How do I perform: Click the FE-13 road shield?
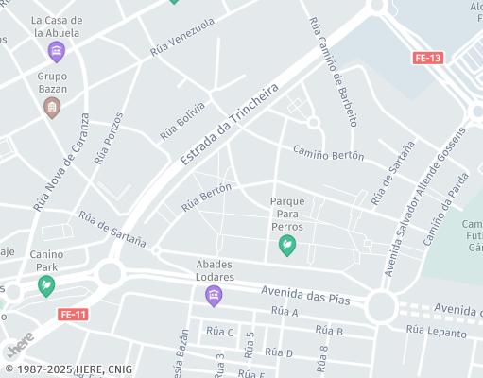pyautogui.click(x=428, y=58)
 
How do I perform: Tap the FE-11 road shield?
pyautogui.click(x=73, y=315)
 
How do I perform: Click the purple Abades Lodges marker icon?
pyautogui.click(x=214, y=296)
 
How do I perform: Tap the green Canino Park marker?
pyautogui.click(x=45, y=284)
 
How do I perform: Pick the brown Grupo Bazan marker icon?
pyautogui.click(x=52, y=107)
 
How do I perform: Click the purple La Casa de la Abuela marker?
pyautogui.click(x=57, y=50)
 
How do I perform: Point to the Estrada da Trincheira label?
pyautogui.click(x=230, y=126)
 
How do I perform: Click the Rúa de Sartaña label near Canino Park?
pyautogui.click(x=112, y=231)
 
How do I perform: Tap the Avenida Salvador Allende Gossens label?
pyautogui.click(x=421, y=207)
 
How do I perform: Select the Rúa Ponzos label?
pyautogui.click(x=108, y=139)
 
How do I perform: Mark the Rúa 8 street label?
pyautogui.click(x=323, y=357)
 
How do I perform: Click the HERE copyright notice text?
pyautogui.click(x=68, y=369)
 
